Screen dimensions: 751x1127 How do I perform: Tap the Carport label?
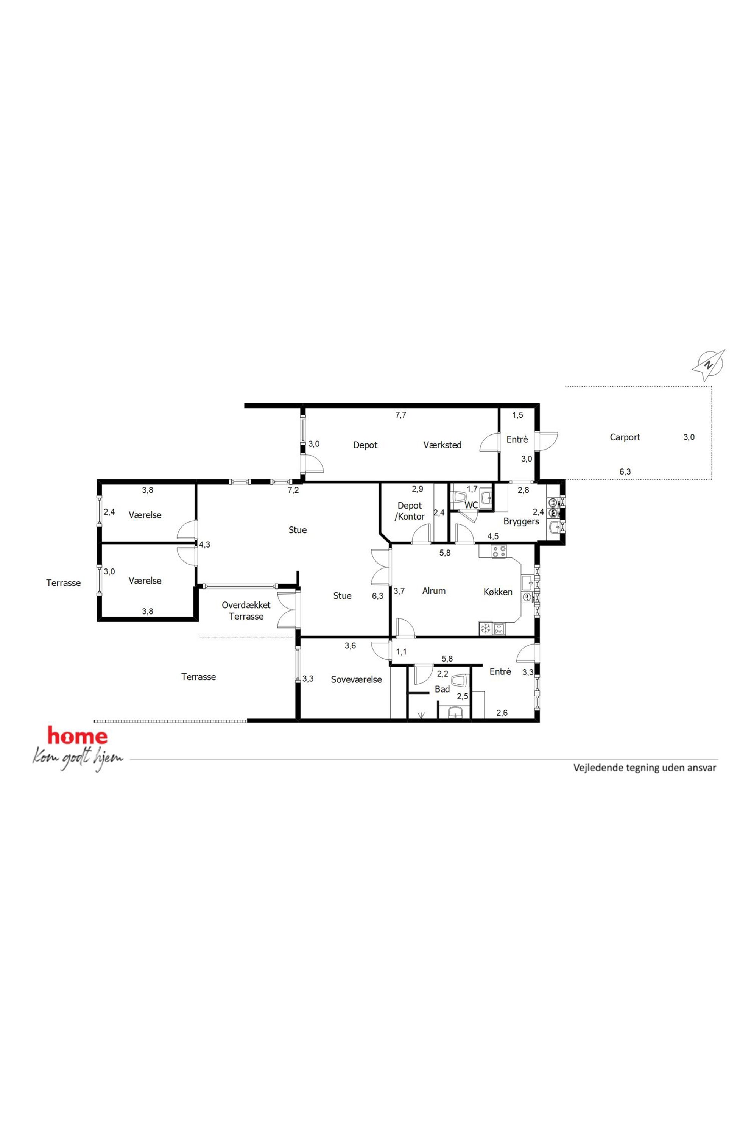pos(625,437)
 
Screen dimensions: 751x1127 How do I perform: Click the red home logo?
pos(77,736)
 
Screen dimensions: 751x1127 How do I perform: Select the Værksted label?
pos(442,445)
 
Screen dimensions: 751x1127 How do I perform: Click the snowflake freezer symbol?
pos(486,629)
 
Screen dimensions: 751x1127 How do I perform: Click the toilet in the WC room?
pos(460,496)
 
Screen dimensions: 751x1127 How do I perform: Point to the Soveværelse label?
pos(356,679)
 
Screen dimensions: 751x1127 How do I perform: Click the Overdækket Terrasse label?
pos(246,611)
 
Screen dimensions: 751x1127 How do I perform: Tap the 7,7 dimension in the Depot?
pos(400,415)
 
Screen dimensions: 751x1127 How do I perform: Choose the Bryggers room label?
pos(521,522)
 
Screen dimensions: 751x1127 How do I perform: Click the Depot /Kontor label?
pos(410,511)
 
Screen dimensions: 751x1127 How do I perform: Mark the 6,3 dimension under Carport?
pos(625,471)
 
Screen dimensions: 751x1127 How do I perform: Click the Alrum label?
pos(434,591)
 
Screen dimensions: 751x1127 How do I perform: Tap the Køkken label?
pos(498,592)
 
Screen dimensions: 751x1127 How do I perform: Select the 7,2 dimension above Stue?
pos(293,490)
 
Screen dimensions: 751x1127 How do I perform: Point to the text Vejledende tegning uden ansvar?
pos(645,768)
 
